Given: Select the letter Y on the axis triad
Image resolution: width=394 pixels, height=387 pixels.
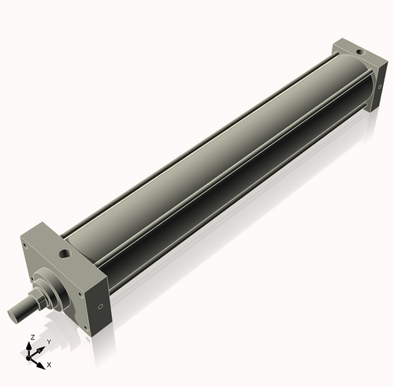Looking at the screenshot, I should pos(49,341).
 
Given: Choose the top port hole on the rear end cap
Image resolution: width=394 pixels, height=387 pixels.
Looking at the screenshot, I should pos(361,52).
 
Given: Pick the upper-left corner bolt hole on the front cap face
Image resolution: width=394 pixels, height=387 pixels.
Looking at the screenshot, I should pos(25,246).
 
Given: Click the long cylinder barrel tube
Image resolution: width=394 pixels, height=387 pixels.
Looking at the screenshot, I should pos(213,158).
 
